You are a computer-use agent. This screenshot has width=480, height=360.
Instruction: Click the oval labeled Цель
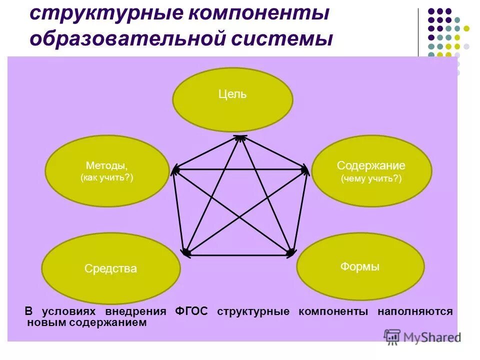tap(232, 99)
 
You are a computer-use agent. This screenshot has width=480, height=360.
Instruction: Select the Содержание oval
tap(371, 170)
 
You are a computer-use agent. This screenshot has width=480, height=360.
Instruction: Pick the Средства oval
tap(110, 268)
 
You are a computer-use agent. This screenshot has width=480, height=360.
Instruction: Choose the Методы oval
tap(106, 170)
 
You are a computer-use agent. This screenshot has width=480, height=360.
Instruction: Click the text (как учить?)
tap(106, 177)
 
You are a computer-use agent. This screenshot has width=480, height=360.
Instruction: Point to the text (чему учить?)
tap(371, 178)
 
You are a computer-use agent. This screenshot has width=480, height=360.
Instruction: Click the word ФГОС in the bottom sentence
tap(191, 311)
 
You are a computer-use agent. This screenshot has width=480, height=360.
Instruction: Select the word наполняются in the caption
tap(415, 311)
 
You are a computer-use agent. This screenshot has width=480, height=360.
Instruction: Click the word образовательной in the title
tap(120, 38)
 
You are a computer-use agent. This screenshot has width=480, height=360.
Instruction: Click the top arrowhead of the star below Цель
tap(240, 137)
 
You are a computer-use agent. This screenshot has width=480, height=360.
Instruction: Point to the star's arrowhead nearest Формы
tap(290, 254)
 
